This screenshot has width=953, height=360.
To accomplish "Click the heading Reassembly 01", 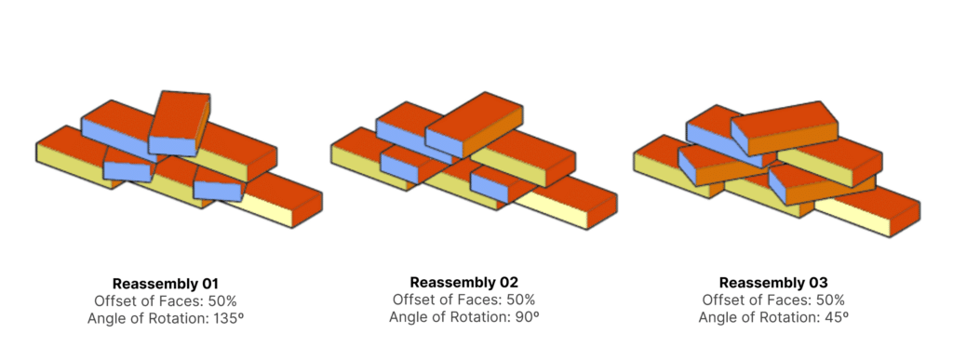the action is click(165, 284).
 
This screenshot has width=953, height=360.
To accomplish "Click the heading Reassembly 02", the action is click(463, 282).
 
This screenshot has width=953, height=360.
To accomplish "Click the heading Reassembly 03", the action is click(773, 283).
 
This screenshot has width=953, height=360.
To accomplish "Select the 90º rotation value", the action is click(528, 317).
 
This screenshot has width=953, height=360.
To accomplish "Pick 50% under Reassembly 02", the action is click(520, 300).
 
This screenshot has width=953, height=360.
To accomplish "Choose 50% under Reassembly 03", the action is click(829, 300).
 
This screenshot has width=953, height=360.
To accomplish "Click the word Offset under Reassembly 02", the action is click(412, 300).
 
